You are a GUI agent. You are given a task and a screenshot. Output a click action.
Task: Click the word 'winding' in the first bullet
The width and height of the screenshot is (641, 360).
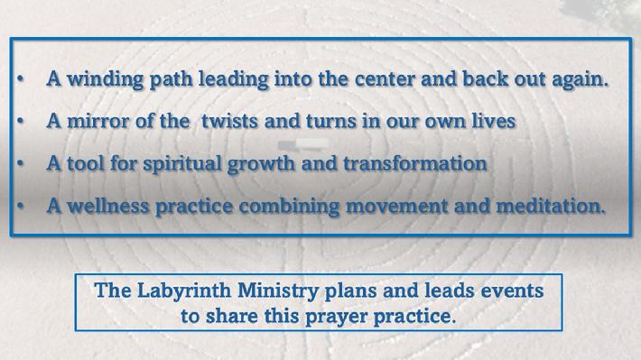point(105,79)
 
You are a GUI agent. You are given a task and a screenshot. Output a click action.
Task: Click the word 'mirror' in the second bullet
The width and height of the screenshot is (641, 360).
point(98,122)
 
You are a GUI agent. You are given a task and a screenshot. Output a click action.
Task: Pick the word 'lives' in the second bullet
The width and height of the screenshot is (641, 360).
point(494,122)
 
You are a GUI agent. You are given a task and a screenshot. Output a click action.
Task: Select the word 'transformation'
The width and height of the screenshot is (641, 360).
point(415,163)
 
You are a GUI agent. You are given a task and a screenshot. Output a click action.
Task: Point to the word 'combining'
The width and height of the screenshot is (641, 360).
point(289,207)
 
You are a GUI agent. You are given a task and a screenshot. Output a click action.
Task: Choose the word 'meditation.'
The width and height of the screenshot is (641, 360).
point(550,206)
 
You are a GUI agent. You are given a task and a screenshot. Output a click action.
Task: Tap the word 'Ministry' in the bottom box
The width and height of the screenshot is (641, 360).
point(278,291)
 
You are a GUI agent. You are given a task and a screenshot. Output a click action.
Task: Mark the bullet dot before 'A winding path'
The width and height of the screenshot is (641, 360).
point(21,78)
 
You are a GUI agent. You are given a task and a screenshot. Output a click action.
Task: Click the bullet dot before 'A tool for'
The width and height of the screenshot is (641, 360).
point(21,163)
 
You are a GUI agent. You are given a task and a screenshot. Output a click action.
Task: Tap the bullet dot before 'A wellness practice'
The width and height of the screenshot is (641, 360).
point(21,206)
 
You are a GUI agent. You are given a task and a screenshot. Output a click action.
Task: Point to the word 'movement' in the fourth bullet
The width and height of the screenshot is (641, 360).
point(396,207)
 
